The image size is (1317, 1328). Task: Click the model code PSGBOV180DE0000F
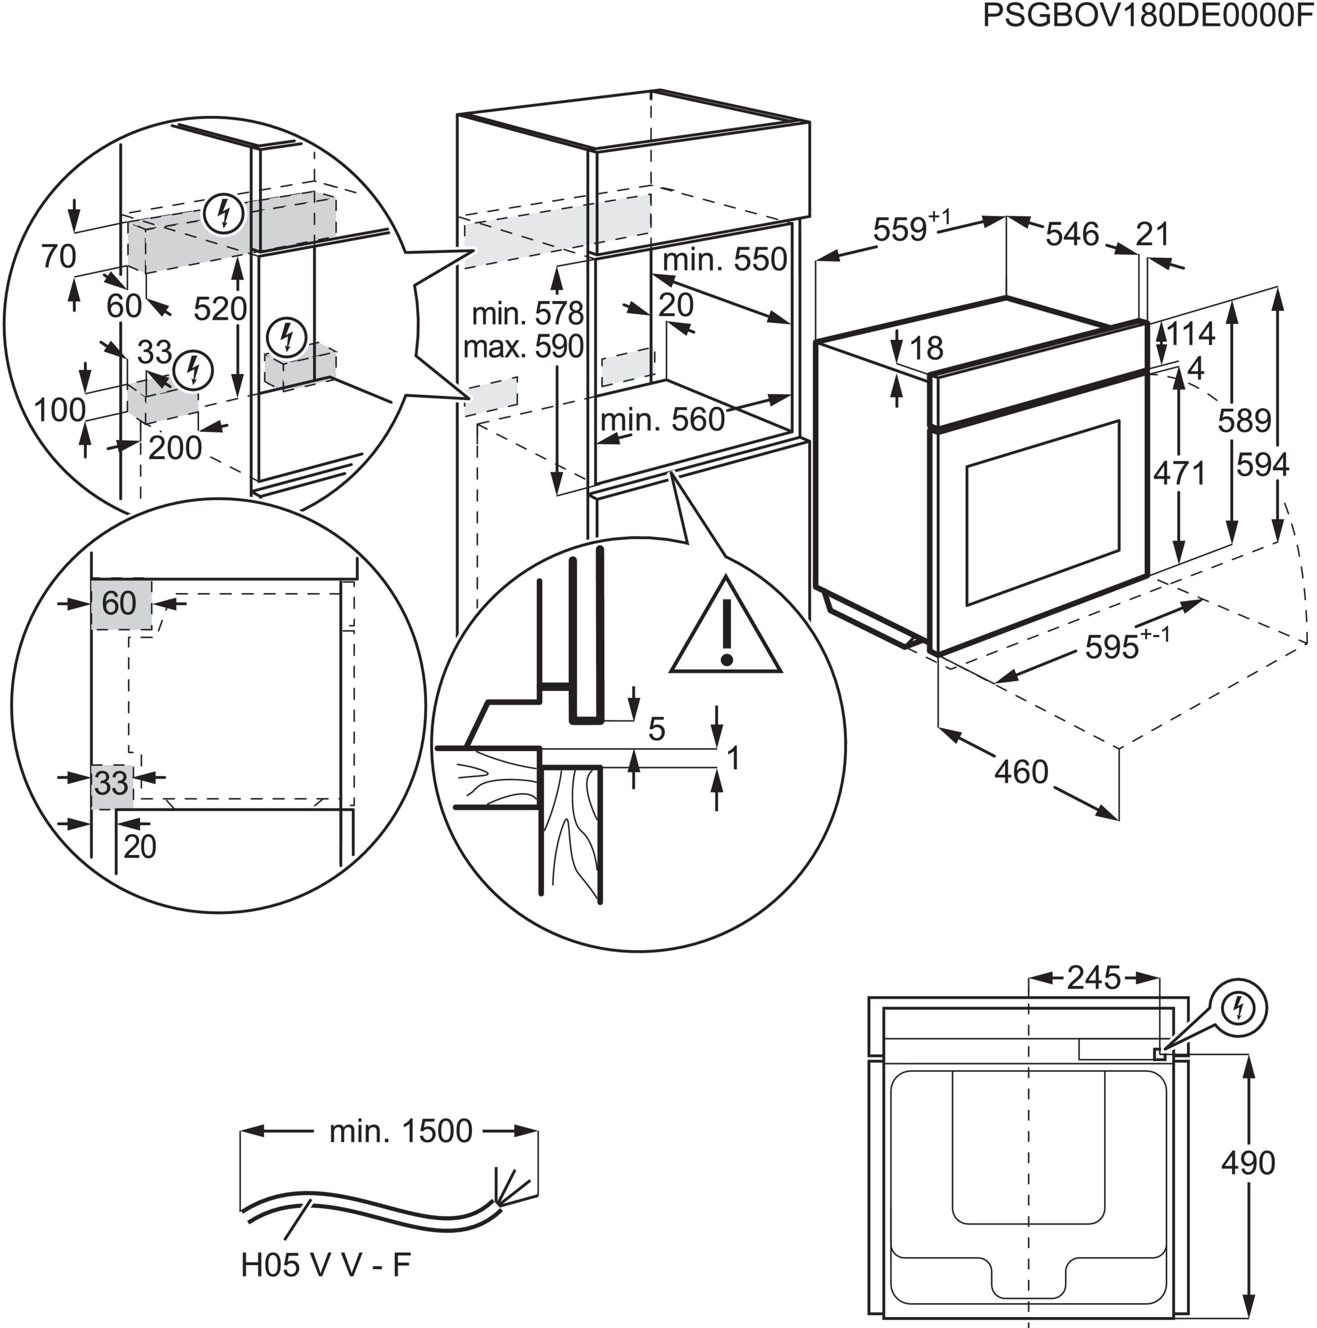coord(1147,15)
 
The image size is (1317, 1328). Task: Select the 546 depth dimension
coord(1072,234)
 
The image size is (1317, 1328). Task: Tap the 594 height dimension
coord(1262,465)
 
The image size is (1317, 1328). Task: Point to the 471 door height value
coord(1179,473)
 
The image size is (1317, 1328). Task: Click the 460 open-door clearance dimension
coord(1021,772)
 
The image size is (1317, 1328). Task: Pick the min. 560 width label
coord(662,419)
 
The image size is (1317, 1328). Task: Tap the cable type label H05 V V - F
coord(326,1283)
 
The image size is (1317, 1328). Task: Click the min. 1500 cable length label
coord(401,1131)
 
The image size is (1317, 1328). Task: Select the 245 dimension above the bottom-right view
coord(1093,977)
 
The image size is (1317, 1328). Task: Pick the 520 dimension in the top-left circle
coord(219,309)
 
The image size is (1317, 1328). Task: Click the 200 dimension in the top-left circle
coord(175,448)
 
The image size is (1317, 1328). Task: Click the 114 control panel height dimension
coord(1190,334)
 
